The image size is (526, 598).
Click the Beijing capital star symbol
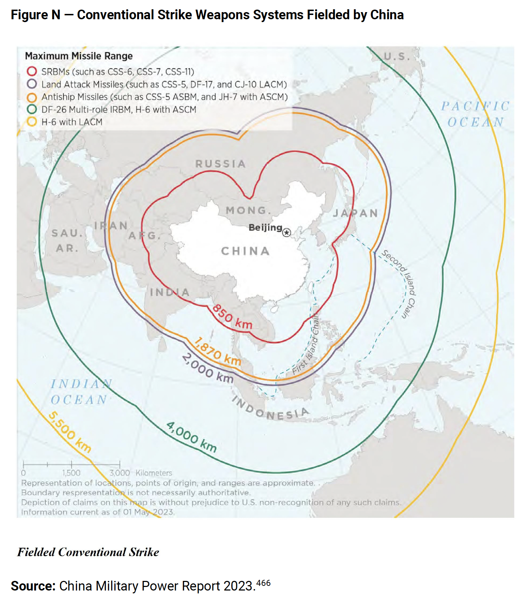pyautogui.click(x=287, y=233)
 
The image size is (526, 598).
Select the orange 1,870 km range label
pyautogui.click(x=217, y=351)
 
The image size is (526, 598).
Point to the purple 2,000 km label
pyautogui.click(x=208, y=368)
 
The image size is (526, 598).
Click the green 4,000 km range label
pyautogui.click(x=191, y=437)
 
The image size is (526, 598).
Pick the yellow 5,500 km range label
pyautogui.click(x=69, y=432)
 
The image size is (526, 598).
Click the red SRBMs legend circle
pyautogui.click(x=32, y=71)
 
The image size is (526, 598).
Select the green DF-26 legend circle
pyautogui.click(x=32, y=109)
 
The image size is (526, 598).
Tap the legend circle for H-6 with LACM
pyautogui.click(x=32, y=122)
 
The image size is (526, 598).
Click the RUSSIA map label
pyautogui.click(x=221, y=164)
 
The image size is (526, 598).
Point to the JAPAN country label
pyautogui.click(x=355, y=213)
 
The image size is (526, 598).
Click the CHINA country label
pyautogui.click(x=245, y=251)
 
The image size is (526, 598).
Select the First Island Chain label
pyautogui.click(x=306, y=344)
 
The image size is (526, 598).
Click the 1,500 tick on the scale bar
pyautogui.click(x=71, y=473)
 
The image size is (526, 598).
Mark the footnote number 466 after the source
pyautogui.click(x=263, y=583)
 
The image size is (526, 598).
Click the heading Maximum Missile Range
pyautogui.click(x=79, y=56)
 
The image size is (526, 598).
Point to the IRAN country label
pyautogui.click(x=111, y=226)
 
